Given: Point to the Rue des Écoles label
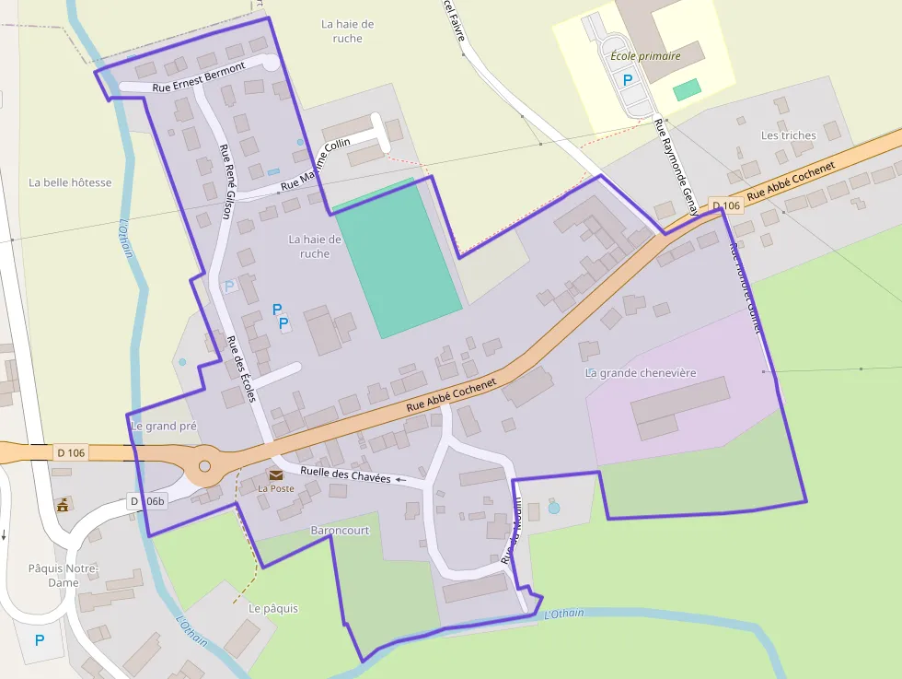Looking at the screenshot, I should point(240,369).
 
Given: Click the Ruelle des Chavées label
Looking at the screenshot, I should point(339,474).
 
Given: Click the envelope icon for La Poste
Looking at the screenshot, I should point(276,474).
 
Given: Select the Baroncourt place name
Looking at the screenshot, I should point(340,532).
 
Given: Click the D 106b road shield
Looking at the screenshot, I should point(147,501).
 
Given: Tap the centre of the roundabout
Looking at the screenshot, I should point(204,466).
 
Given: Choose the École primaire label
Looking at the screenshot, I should point(645,56).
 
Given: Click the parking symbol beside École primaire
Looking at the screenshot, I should point(629,80).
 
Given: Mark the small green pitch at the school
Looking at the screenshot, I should point(686,90).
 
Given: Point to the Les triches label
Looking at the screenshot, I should point(788,135).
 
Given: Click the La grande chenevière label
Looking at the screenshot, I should point(641,373).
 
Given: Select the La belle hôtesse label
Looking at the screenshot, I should point(70,182).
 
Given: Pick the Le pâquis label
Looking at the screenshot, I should point(273,609).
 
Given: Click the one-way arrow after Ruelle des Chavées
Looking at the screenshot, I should point(400,480).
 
